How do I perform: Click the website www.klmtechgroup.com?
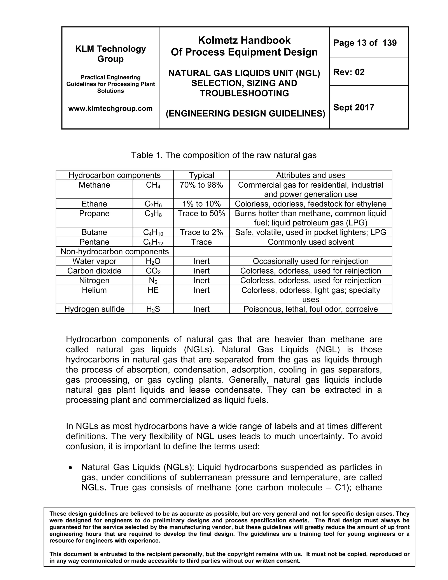[x=110, y=108]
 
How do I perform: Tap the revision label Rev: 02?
[x=349, y=72]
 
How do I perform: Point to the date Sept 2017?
[x=353, y=107]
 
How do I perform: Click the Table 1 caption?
[x=224, y=155]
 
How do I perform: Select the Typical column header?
[x=201, y=175]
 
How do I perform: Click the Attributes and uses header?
[x=311, y=175]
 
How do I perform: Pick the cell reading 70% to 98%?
[x=201, y=185]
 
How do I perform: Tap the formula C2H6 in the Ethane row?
[x=153, y=204]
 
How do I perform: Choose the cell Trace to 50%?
[x=201, y=214]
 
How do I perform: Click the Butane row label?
[x=94, y=232]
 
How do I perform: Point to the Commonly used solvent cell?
[x=311, y=242]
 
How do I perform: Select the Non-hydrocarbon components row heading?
[x=115, y=251]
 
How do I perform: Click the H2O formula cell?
[x=153, y=261]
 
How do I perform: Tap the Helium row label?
[x=94, y=290]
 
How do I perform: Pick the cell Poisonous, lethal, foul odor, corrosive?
[x=311, y=309]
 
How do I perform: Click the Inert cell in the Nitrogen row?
[x=201, y=280]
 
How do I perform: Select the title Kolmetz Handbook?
[x=244, y=40]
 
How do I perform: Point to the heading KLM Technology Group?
[x=110, y=54]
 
